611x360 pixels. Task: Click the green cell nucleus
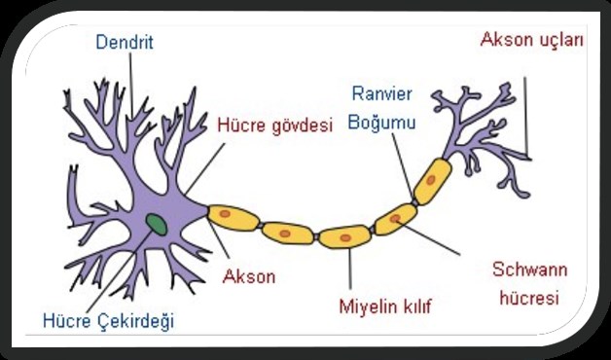point(156,225)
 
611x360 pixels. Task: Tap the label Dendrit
point(125,43)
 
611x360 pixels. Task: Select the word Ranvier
point(382,95)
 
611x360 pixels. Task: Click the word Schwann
point(530,269)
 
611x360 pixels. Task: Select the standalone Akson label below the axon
point(249,275)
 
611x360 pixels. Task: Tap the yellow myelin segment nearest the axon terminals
point(432,180)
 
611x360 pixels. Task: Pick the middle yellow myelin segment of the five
point(344,235)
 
